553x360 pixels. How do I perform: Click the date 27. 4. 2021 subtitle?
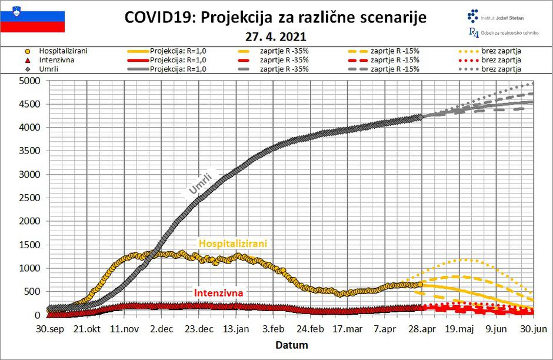[x=275, y=36]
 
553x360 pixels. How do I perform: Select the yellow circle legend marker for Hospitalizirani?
[x=11, y=51]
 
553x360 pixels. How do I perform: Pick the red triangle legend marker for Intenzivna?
[x=11, y=59]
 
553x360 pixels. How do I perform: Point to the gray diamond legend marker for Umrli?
[x=11, y=69]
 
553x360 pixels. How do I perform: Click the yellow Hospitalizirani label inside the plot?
[x=233, y=243]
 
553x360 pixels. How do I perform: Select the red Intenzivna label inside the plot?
[x=218, y=292]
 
